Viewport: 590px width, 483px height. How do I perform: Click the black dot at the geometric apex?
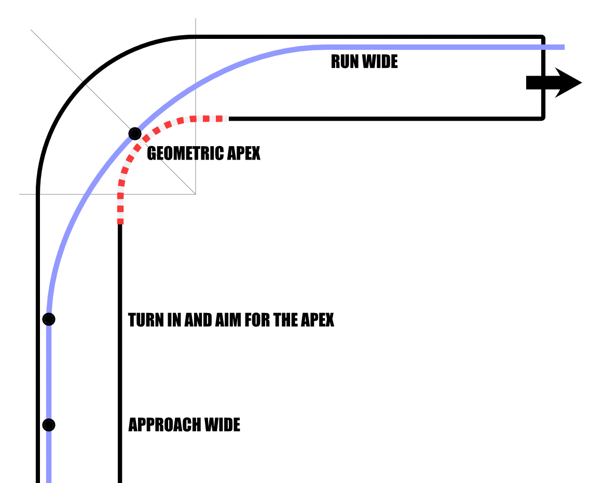(134, 134)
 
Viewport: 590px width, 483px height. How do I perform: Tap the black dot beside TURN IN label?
(49, 319)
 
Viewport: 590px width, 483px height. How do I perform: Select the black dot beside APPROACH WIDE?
(49, 425)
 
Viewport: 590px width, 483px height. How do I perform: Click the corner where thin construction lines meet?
(195, 194)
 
